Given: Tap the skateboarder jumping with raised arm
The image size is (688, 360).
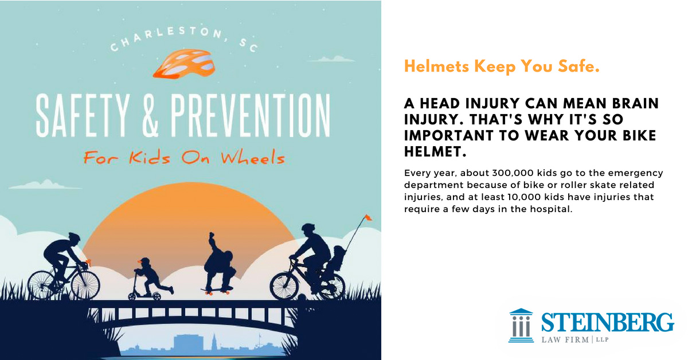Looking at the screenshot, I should [x=217, y=261].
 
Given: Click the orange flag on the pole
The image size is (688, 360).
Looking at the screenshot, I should [x=368, y=217].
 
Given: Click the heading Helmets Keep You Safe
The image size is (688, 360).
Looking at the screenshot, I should [x=502, y=66].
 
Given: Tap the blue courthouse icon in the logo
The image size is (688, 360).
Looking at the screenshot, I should [x=521, y=326].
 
